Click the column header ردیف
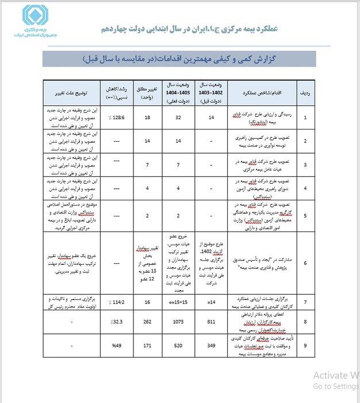point(304,92)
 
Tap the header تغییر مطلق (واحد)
point(147,92)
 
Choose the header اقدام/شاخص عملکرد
point(255,92)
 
